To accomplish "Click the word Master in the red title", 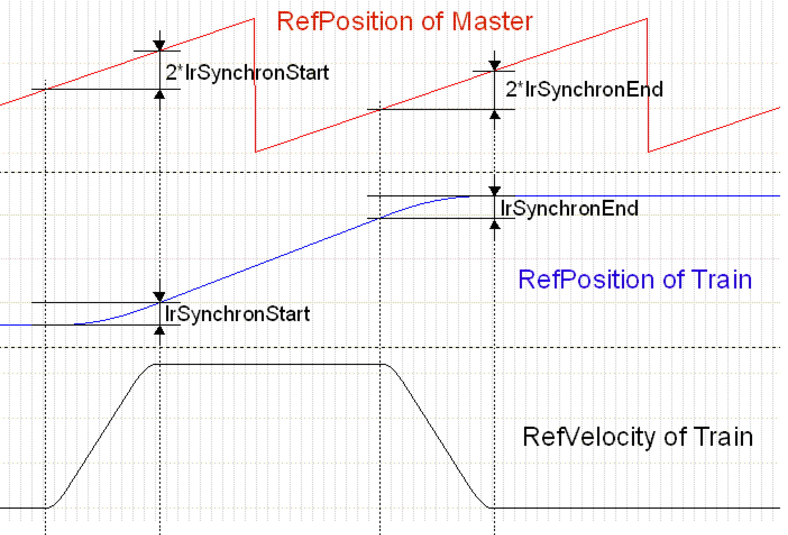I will pos(492,21).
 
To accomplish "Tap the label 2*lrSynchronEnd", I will pos(584,89).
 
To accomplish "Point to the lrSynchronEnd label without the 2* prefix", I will pos(569,208).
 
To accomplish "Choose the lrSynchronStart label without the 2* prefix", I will pos(237,314).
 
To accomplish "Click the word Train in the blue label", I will pos(721,280).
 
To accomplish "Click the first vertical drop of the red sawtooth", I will pos(255,85).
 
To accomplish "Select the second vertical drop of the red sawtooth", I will pos(648,85).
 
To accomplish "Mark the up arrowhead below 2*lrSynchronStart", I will pos(159,95).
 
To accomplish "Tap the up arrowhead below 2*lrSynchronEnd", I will pos(495,115).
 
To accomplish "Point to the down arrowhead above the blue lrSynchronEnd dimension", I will pos(495,191).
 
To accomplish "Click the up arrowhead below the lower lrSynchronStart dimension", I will pos(159,330).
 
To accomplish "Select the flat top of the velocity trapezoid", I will pos(268,364).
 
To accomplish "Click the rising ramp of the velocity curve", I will pos(102,437).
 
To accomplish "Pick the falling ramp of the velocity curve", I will pos(437,437).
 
